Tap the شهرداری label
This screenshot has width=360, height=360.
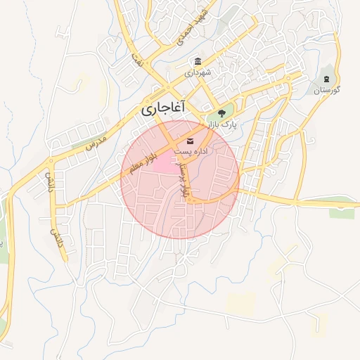[x=198, y=72]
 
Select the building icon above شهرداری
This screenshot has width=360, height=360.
[x=198, y=60]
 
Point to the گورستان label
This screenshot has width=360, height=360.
[x=326, y=91]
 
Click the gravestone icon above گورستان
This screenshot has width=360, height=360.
[x=326, y=78]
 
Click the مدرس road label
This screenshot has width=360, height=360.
[x=95, y=143]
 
